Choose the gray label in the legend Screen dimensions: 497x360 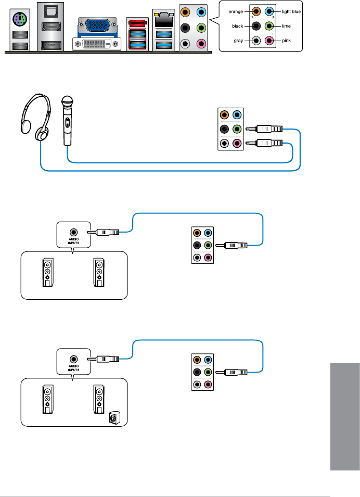(x=238, y=40)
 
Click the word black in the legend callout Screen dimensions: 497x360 (x=238, y=25)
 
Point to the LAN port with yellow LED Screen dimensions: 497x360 (x=165, y=20)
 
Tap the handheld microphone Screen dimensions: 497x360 (x=66, y=120)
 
